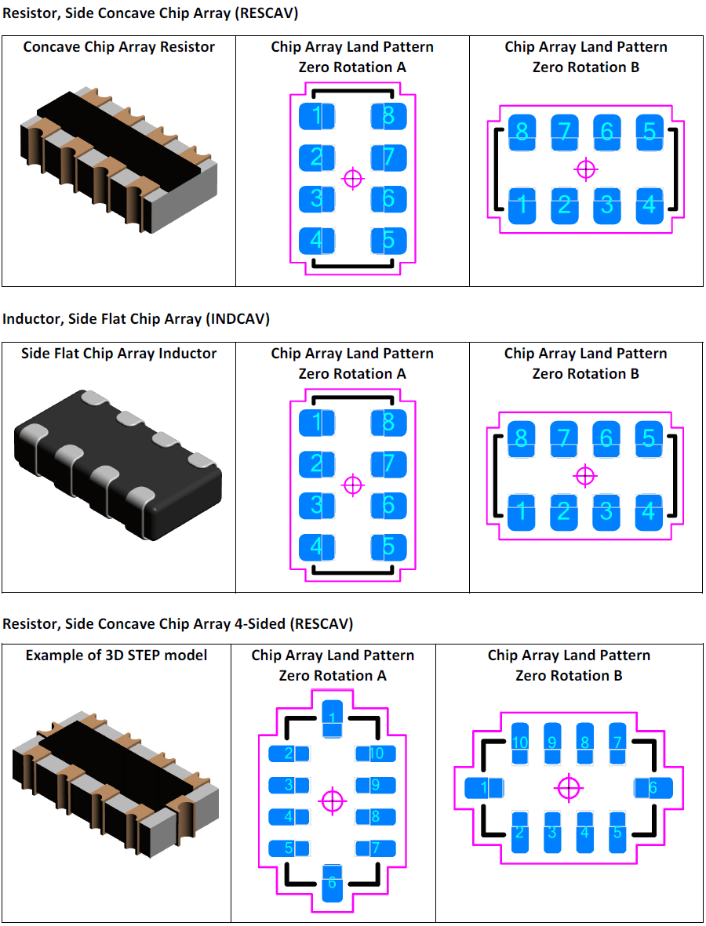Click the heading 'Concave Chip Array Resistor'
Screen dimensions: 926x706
[x=118, y=47]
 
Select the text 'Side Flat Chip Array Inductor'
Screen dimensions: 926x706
[x=118, y=354]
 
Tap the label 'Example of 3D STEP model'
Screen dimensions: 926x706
[x=116, y=655]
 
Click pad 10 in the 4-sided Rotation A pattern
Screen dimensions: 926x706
[x=375, y=754]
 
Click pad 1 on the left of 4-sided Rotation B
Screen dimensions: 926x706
[x=482, y=787]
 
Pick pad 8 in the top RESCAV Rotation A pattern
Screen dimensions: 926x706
[x=388, y=117]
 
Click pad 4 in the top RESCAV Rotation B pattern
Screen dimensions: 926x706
[x=650, y=206]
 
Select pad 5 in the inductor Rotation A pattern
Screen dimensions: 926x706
[x=388, y=547]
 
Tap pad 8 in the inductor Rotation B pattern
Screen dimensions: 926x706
[x=522, y=438]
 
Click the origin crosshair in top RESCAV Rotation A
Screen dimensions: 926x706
[x=354, y=179]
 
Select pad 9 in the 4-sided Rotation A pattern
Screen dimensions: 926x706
[x=375, y=785]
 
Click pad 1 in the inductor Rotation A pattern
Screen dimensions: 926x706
[x=317, y=423]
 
